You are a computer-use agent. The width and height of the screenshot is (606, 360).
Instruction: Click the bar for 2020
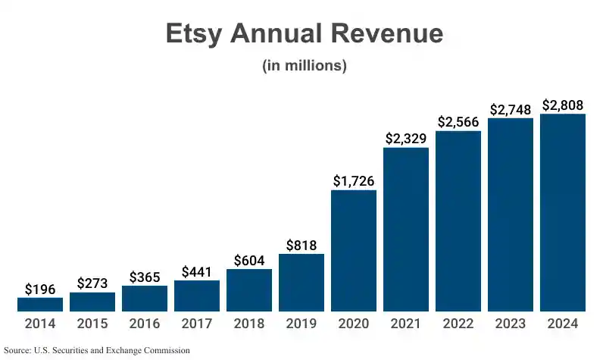(x=354, y=250)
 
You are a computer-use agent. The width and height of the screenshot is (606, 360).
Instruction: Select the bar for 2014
(x=40, y=304)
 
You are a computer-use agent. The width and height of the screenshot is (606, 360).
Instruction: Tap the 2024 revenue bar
(x=563, y=212)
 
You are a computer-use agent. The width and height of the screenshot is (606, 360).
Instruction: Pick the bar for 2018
(x=249, y=290)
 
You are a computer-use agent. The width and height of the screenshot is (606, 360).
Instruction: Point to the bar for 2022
(x=458, y=221)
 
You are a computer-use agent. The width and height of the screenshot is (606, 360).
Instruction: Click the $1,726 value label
(x=354, y=181)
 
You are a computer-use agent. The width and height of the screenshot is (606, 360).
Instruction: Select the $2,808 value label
(x=563, y=105)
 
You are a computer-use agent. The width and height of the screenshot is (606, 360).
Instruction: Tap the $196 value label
(x=40, y=289)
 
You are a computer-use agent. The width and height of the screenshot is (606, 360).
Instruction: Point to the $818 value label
(x=301, y=245)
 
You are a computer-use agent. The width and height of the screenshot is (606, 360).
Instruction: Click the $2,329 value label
(x=406, y=139)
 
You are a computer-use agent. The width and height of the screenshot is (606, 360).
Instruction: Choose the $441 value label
(x=197, y=271)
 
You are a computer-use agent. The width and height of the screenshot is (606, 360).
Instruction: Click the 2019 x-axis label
(x=301, y=324)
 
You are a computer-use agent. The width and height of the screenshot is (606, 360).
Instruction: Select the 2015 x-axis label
(x=92, y=324)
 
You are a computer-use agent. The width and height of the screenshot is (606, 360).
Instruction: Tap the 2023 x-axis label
(x=511, y=324)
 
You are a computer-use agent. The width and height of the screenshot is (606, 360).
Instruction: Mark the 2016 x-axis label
(x=145, y=324)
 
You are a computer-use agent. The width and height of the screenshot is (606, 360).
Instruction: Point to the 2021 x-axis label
(x=406, y=324)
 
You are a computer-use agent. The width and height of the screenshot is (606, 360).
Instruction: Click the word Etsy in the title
(x=198, y=35)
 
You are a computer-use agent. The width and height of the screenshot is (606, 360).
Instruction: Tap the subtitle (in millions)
(x=304, y=66)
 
